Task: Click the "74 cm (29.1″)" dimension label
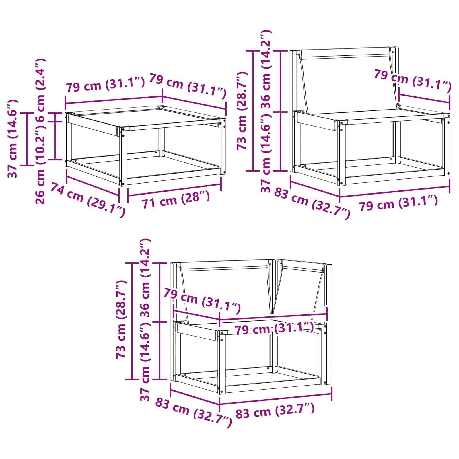(88, 200)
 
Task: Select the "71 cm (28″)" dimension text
(175, 199)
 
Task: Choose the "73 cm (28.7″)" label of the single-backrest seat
(242, 110)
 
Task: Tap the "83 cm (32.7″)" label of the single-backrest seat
(312, 204)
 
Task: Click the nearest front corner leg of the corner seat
(222, 363)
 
